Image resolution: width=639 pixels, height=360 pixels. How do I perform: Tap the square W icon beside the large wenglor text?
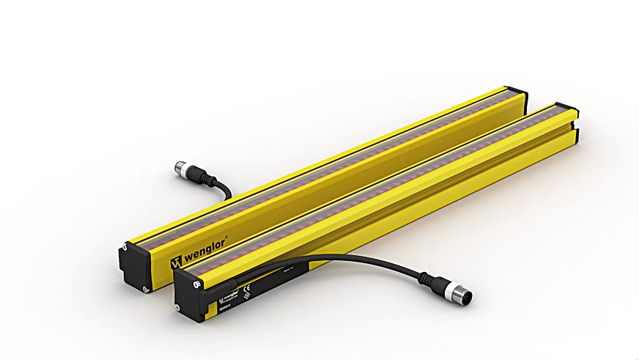tap(175, 262)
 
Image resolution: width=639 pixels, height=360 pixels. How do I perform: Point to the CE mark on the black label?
tap(246, 288)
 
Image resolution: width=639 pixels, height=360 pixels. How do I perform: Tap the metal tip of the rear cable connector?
tap(180, 169)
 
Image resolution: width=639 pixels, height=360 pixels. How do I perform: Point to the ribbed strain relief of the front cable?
tap(429, 279)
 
